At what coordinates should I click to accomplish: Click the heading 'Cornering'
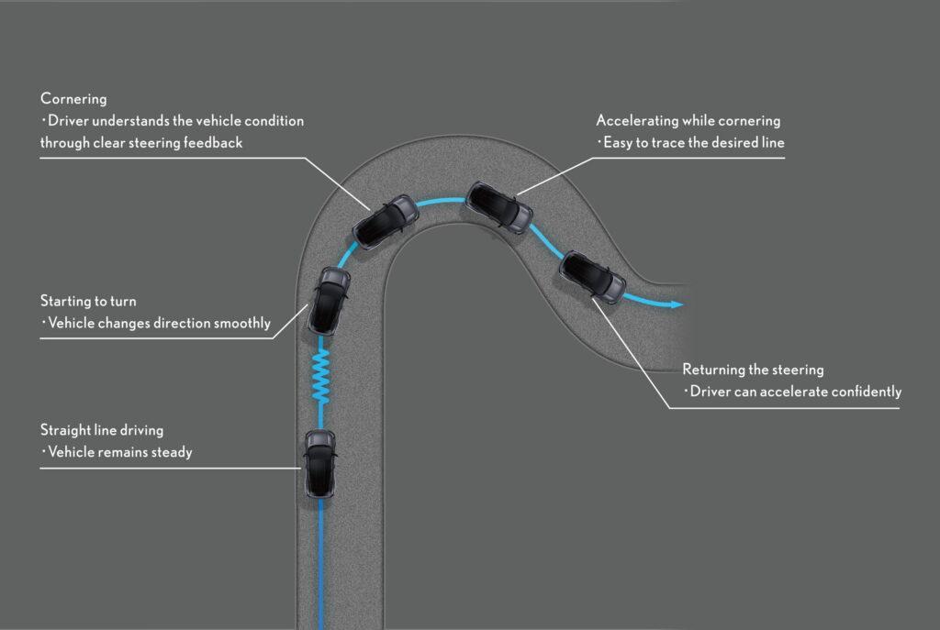click(73, 99)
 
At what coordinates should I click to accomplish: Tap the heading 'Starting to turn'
click(88, 301)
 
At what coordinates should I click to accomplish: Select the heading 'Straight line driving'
click(101, 431)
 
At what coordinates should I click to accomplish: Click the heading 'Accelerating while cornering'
click(688, 121)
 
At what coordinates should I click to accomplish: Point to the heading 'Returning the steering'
click(753, 370)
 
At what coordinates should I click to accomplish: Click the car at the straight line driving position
click(319, 463)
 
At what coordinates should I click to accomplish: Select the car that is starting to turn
click(329, 301)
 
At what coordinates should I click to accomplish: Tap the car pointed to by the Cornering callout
click(386, 222)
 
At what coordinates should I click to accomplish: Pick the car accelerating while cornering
click(498, 207)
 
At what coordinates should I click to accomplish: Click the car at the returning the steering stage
click(592, 277)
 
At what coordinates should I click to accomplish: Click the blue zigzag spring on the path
click(320, 376)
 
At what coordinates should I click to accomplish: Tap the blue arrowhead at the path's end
click(677, 304)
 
